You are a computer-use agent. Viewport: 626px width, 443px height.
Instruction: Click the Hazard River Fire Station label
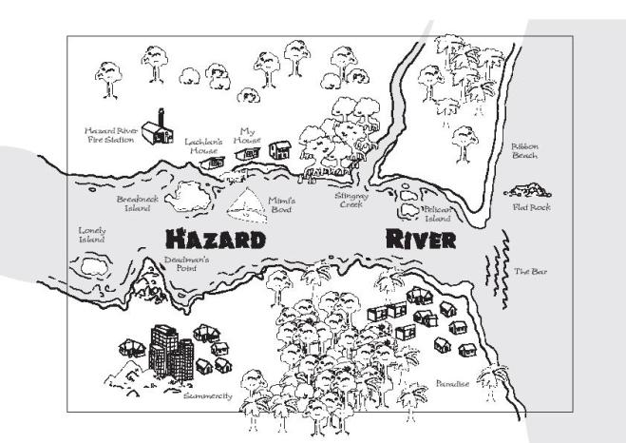(x=111, y=135)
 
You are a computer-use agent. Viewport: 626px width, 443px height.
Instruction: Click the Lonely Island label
(x=91, y=235)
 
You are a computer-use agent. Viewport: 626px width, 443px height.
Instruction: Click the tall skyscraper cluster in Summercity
(x=170, y=350)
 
